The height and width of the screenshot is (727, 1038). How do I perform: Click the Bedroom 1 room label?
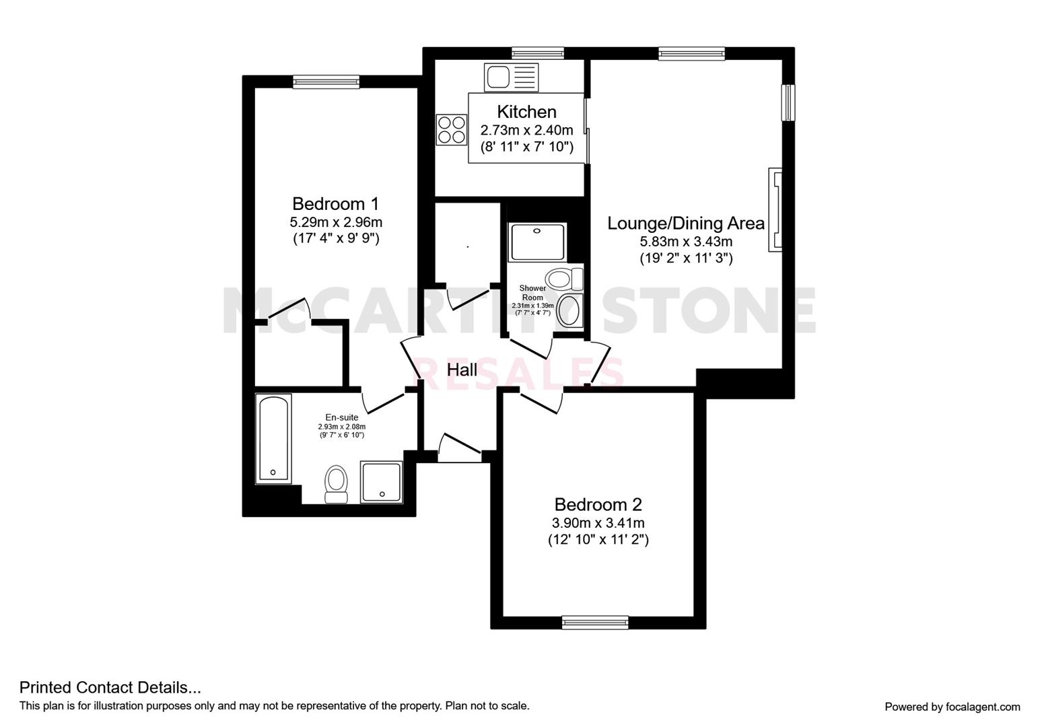point(335,203)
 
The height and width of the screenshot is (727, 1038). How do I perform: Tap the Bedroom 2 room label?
point(598,504)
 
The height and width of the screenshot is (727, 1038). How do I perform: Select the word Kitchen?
point(526,112)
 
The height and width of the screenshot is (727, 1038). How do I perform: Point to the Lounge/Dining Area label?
point(685,223)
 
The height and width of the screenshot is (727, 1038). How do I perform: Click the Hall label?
point(462,370)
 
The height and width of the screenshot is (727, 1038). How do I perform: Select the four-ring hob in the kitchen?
point(452,130)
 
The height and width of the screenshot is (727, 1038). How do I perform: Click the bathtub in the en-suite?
point(273,438)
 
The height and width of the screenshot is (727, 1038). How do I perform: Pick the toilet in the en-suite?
point(335,483)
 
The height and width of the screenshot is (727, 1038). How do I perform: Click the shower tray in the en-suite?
point(382,482)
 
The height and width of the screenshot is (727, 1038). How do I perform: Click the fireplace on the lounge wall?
point(775,210)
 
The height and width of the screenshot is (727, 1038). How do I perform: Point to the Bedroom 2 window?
point(595,623)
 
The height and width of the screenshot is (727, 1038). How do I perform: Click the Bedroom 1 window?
point(326,82)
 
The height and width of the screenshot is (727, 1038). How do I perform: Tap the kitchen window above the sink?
point(537,53)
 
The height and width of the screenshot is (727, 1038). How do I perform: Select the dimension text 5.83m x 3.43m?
point(685,242)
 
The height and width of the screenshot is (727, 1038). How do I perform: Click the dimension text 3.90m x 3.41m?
point(598,523)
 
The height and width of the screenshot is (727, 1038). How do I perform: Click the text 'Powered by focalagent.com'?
point(952,707)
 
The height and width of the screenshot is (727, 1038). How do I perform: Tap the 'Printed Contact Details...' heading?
point(110,687)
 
